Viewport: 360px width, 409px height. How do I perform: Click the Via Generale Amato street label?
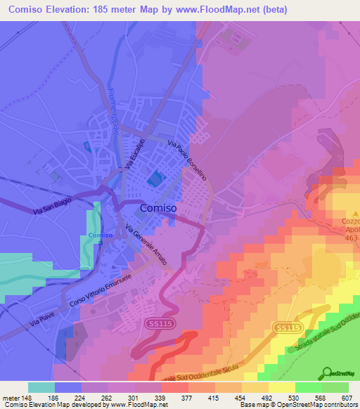146,245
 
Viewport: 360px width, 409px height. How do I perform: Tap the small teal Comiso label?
100,235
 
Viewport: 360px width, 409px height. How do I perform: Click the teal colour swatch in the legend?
41,387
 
